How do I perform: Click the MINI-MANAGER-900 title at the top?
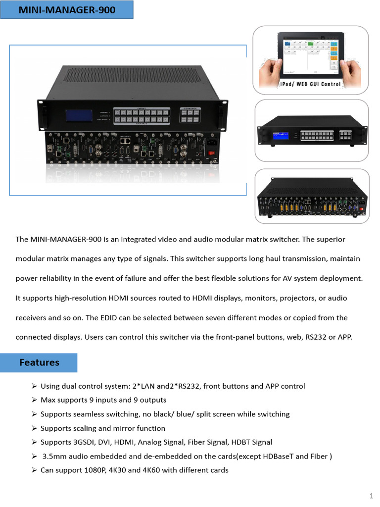tap(67, 9)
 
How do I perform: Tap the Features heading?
tap(39, 362)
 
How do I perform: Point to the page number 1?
tap(371, 496)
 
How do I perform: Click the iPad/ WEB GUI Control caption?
tap(311, 84)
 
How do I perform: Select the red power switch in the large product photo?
tap(214, 153)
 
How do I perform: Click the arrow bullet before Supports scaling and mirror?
tap(34, 428)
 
